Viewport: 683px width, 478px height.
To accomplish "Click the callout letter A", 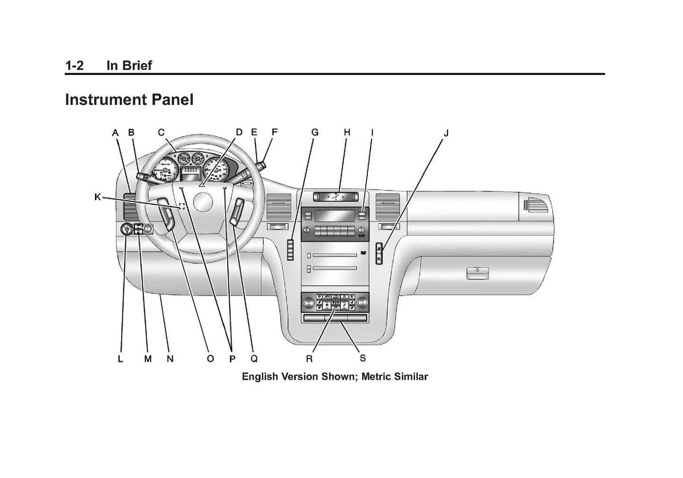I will [x=115, y=133].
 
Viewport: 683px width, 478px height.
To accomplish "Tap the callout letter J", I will [x=445, y=133].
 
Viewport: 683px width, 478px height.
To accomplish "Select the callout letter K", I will [x=97, y=197].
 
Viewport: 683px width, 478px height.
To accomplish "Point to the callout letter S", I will [x=363, y=358].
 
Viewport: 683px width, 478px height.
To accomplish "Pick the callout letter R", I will [x=309, y=359].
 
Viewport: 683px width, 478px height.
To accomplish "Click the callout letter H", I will [x=347, y=133].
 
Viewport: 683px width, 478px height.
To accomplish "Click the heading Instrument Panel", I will [x=129, y=100].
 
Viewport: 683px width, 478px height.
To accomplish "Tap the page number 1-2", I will [x=74, y=66].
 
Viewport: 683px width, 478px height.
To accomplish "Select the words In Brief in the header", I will [x=129, y=66].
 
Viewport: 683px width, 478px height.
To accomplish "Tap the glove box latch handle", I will [x=477, y=273].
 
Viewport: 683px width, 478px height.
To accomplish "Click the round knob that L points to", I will [x=126, y=230].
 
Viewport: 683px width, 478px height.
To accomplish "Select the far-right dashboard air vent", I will [x=537, y=205].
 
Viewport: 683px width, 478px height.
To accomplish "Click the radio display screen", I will [x=335, y=216].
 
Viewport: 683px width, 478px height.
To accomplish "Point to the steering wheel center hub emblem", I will [x=203, y=204].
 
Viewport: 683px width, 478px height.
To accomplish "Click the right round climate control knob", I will [x=363, y=302].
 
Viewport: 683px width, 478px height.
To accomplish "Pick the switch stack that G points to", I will [x=290, y=249].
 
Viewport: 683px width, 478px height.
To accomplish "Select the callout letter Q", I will [x=254, y=359].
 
